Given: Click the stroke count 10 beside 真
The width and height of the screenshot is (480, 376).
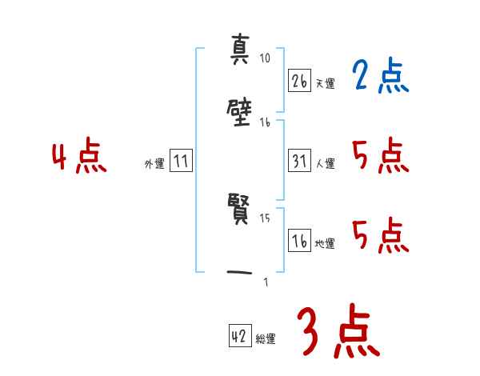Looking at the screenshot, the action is pyautogui.click(x=266, y=58).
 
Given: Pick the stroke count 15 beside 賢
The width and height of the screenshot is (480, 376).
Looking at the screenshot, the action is pyautogui.click(x=265, y=218).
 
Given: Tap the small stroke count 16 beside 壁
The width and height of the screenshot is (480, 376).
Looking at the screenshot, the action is pyautogui.click(x=265, y=122).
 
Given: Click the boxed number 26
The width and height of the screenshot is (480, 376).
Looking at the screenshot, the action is pyautogui.click(x=299, y=81).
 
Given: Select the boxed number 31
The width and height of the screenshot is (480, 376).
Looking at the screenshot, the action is pyautogui.click(x=299, y=161).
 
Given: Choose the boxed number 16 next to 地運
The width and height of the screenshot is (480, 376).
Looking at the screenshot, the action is pyautogui.click(x=299, y=241).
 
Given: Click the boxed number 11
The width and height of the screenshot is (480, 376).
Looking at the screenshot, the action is pyautogui.click(x=181, y=161).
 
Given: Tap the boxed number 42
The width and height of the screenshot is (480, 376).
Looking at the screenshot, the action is pyautogui.click(x=239, y=337).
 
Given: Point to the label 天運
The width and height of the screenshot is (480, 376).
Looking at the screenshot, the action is pyautogui.click(x=325, y=83).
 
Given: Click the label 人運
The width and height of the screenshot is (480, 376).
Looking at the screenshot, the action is pyautogui.click(x=325, y=163).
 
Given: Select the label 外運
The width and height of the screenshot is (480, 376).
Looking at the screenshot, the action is pyautogui.click(x=154, y=163).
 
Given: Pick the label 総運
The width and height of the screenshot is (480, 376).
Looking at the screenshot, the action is pyautogui.click(x=266, y=339).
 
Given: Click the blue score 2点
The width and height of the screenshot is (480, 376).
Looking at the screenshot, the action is pyautogui.click(x=381, y=78).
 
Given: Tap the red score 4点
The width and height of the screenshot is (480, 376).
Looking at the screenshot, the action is pyautogui.click(x=79, y=157).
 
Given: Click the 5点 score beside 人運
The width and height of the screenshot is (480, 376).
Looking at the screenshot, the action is pyautogui.click(x=381, y=156).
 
